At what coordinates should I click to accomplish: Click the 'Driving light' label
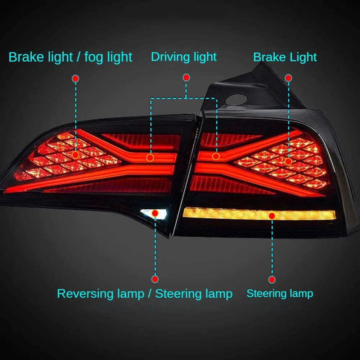[x=184, y=57]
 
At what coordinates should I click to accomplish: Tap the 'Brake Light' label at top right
[x=285, y=57]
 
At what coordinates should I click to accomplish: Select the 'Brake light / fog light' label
[x=70, y=57]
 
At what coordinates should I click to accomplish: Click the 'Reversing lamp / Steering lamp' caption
[x=145, y=294]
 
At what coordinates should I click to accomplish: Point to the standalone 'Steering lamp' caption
[x=280, y=293]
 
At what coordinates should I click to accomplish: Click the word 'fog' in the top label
[x=94, y=58]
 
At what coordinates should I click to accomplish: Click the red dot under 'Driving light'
[x=186, y=78]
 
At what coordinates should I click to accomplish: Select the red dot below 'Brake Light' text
[x=288, y=78]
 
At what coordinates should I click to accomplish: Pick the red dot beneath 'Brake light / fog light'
[x=76, y=78]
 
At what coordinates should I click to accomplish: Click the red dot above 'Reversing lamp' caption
[x=155, y=279]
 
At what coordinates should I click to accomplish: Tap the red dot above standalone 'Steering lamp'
[x=272, y=280]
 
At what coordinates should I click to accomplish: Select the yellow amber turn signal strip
[x=260, y=214]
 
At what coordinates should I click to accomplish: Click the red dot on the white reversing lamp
[x=155, y=213]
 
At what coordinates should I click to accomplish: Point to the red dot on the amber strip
[x=272, y=216]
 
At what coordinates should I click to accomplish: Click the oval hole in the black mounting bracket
[x=236, y=100]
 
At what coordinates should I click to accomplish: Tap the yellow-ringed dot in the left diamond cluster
[x=75, y=155]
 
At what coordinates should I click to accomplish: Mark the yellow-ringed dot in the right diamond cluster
[x=288, y=162]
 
